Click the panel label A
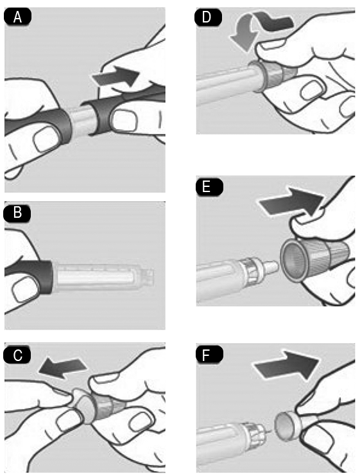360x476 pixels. (17, 17)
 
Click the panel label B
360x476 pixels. (17, 213)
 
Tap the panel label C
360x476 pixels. (17, 355)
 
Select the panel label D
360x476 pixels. (208, 17)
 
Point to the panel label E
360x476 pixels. (209, 186)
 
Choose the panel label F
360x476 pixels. (209, 354)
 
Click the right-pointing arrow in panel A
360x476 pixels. (116, 76)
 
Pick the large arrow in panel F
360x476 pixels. (287, 366)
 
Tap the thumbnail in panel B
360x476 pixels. (25, 290)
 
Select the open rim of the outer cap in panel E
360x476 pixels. (293, 259)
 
